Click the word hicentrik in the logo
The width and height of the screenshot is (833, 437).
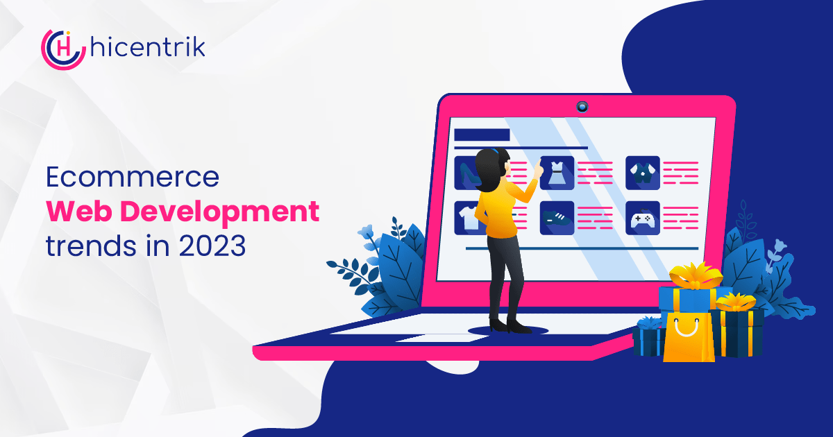coord(148,47)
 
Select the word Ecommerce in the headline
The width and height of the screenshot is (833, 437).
coord(133,177)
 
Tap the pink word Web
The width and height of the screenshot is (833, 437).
coord(79,211)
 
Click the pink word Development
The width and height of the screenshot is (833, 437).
coord(220,212)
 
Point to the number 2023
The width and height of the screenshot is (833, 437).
coord(212,246)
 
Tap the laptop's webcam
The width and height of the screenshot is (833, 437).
coord(582,107)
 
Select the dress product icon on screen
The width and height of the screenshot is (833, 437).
coord(557,173)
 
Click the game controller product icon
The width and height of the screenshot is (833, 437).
coord(643,218)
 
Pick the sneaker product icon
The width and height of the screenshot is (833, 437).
coord(557,218)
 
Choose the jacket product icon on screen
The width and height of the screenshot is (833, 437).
coord(643,173)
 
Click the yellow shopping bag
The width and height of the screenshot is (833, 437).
coord(689,336)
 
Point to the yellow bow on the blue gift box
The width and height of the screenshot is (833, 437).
coord(696,275)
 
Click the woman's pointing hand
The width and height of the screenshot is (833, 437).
coord(538,169)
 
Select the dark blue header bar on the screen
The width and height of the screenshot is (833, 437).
coord(482,135)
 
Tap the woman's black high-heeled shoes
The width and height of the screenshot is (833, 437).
coord(510,327)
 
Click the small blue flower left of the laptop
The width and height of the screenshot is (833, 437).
coord(367,231)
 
